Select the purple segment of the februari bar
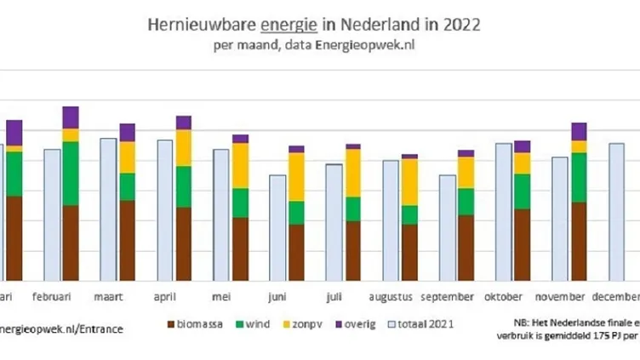click(71, 117)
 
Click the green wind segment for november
click(579, 177)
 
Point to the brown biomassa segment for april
click(183, 243)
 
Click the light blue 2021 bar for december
click(616, 212)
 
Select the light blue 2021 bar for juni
click(277, 227)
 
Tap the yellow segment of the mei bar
click(240, 165)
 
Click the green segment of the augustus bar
click(410, 214)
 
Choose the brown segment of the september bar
click(466, 247)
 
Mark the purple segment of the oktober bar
click(522, 146)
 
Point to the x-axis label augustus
click(391, 296)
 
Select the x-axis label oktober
click(504, 296)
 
